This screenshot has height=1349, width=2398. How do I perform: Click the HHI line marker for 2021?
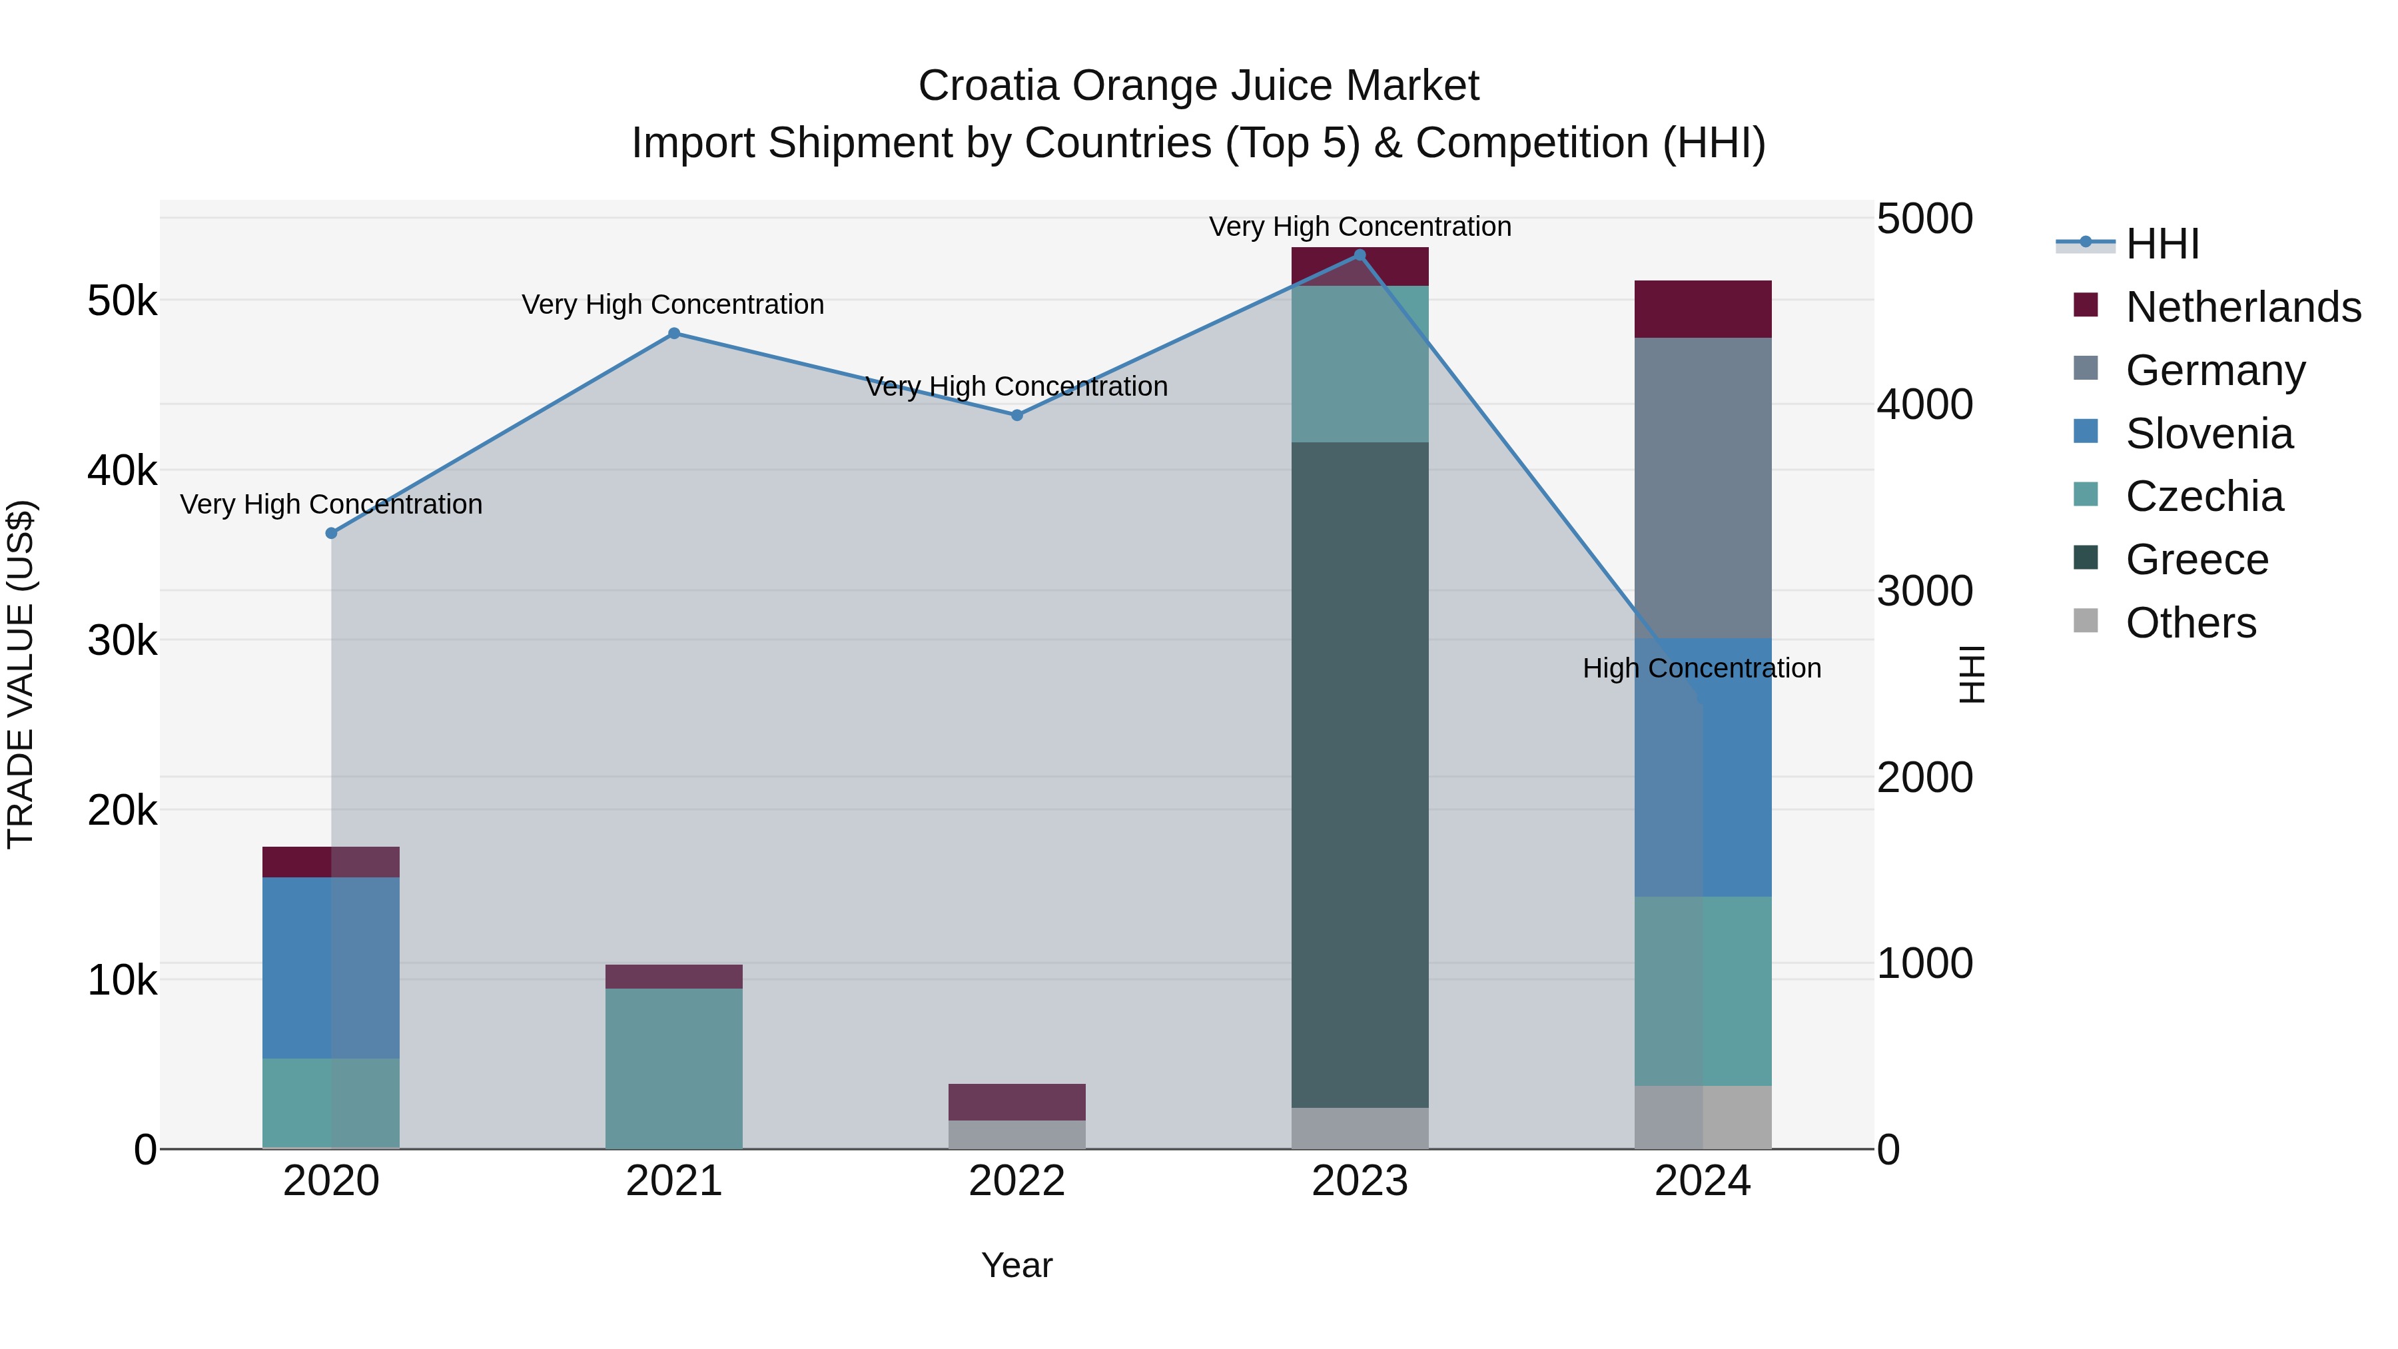674,333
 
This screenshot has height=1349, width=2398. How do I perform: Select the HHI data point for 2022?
1016,415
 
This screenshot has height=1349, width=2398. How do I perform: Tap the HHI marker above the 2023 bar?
1359,255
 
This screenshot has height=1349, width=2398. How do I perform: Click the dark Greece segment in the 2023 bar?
1359,773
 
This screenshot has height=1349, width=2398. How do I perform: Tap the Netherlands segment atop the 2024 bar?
1703,308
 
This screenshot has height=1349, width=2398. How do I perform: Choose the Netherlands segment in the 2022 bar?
1016,1101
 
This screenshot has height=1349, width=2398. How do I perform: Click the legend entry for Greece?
2196,560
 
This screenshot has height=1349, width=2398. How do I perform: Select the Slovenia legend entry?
2208,434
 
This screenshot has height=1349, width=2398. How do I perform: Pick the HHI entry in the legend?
2162,244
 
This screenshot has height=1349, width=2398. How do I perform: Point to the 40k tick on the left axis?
122,471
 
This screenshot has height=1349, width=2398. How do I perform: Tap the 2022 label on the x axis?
1016,1181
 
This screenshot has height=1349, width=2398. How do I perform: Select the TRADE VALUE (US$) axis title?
21,674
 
